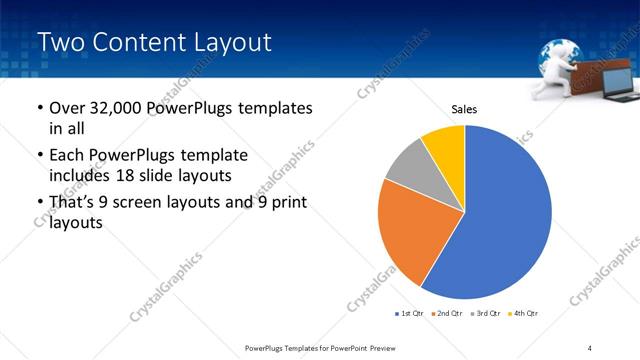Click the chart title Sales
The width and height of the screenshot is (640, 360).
tap(465, 109)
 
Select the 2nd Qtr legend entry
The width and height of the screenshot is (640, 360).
tap(445, 315)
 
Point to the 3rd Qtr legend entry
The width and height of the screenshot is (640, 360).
tap(484, 315)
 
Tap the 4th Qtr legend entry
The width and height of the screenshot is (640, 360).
tap(522, 315)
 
